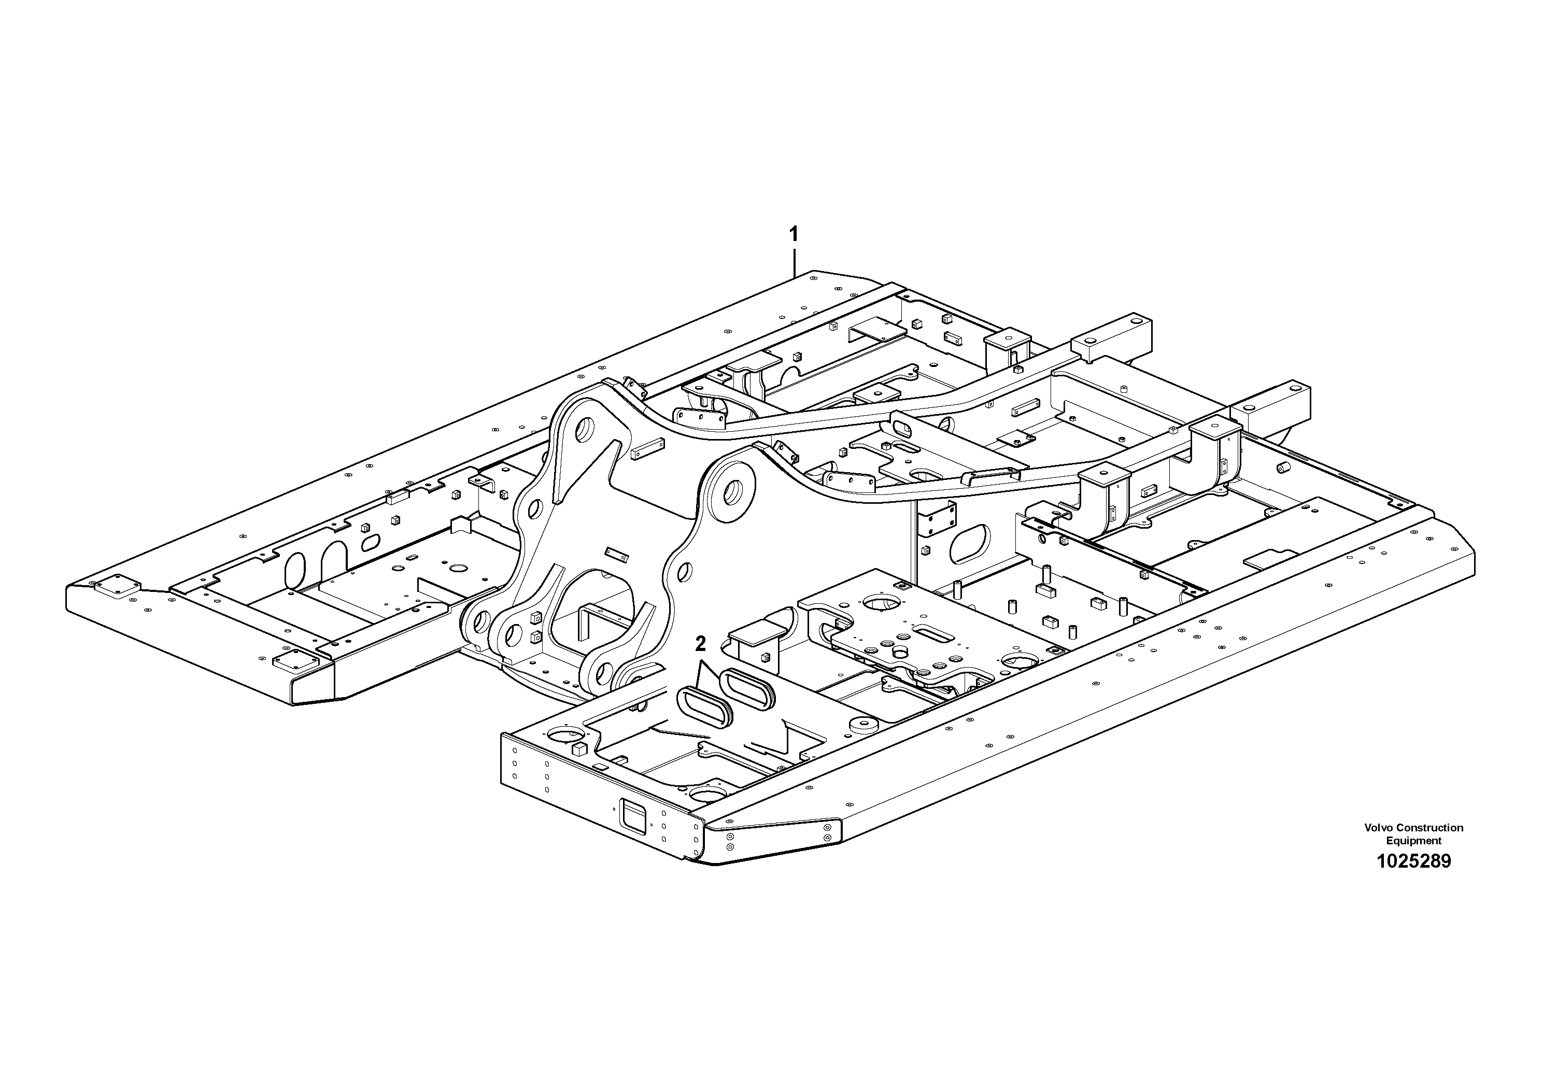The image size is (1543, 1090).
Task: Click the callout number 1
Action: [794, 234]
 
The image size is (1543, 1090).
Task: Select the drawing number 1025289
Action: [1413, 861]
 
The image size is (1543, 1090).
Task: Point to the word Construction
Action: [1429, 828]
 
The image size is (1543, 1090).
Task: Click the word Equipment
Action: [1413, 841]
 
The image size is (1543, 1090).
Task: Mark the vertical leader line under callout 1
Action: [795, 262]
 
